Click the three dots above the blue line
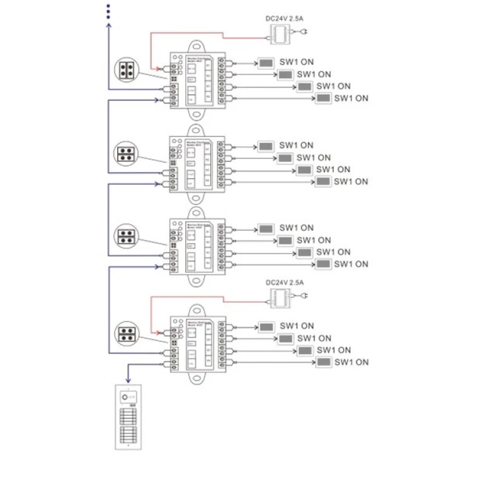point(108,11)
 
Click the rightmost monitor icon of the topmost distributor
point(324,98)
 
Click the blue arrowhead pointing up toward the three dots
point(108,26)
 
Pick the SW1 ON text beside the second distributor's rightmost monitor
point(351,181)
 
